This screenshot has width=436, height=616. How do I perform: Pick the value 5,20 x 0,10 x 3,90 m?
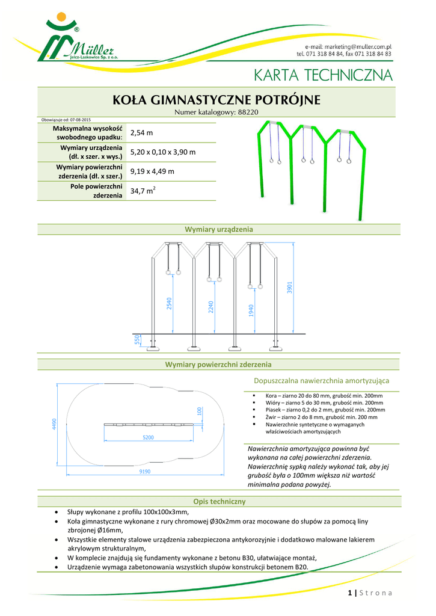click(163, 152)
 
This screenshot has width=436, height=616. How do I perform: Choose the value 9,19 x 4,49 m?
click(152, 171)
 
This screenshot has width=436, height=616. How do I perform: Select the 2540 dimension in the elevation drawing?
click(169, 304)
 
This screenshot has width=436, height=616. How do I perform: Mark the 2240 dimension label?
click(211, 307)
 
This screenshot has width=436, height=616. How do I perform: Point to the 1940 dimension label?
click(251, 310)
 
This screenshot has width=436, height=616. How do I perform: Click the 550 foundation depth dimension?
click(137, 341)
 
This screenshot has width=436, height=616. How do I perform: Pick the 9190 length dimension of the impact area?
click(144, 472)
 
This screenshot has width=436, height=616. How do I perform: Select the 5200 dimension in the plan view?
click(148, 437)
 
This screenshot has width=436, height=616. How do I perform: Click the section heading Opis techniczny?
click(218, 502)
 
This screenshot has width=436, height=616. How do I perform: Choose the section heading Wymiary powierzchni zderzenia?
click(218, 365)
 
